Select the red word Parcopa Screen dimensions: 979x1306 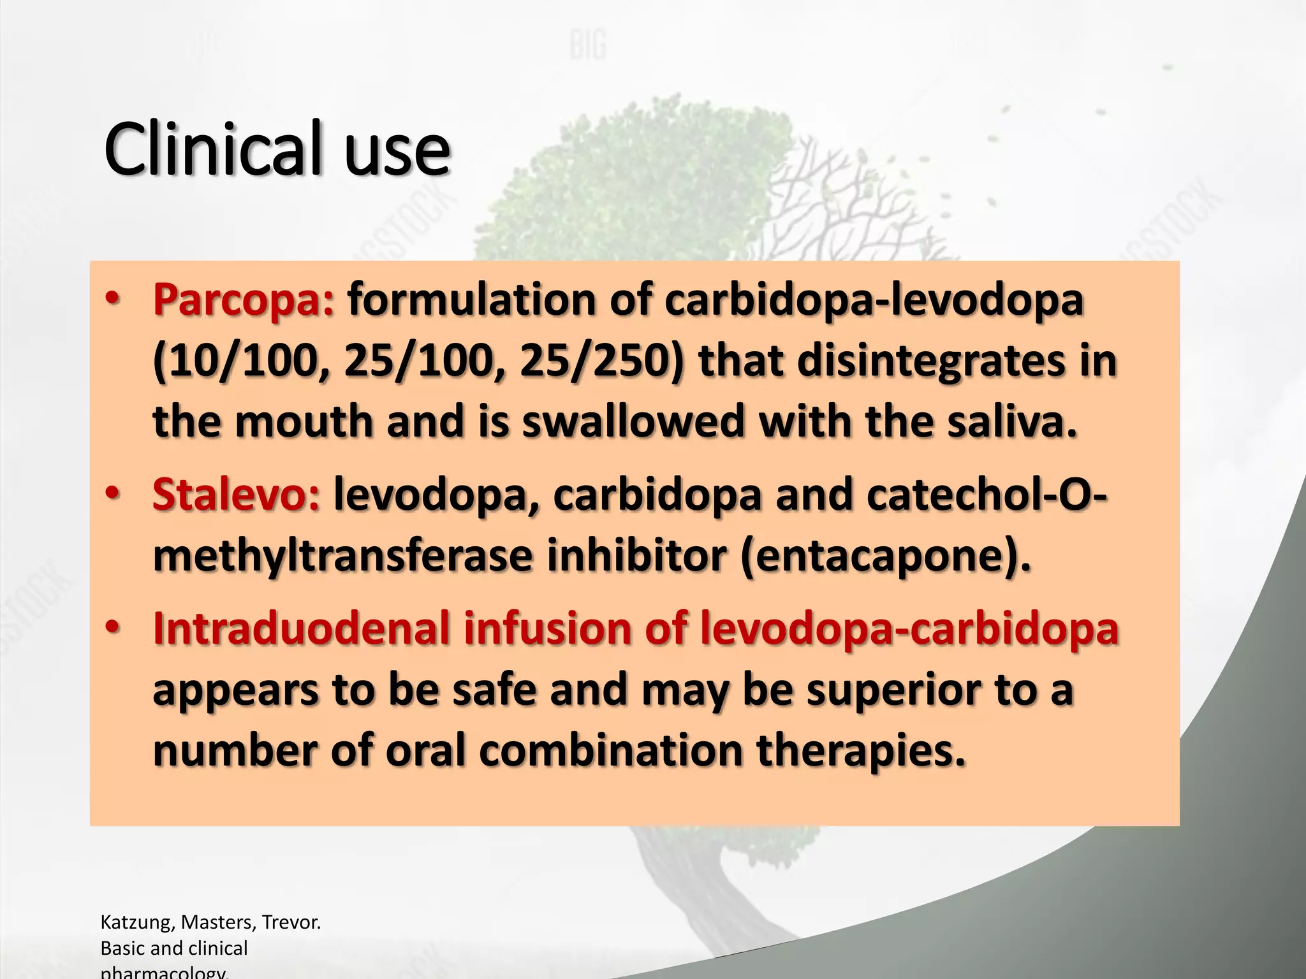pos(243,300)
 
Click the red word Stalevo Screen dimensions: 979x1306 pos(236,495)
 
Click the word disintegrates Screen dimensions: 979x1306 pos(932,361)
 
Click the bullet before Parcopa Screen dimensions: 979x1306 pos(113,299)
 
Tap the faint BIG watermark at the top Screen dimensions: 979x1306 pos(587,46)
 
